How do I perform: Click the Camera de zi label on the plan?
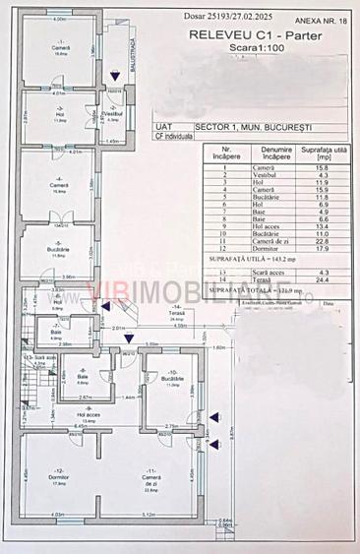(150, 479)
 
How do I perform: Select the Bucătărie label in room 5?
(58, 250)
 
